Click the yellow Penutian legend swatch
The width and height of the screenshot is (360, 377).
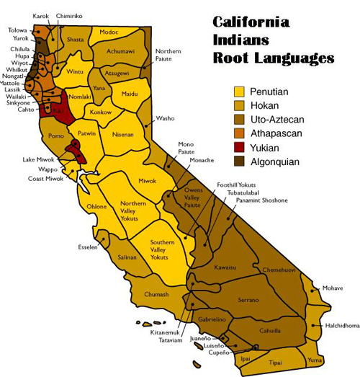(239, 92)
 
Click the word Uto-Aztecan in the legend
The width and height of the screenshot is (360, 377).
(280, 120)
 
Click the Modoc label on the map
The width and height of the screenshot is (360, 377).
(109, 32)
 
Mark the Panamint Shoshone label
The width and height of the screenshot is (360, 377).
(266, 200)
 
